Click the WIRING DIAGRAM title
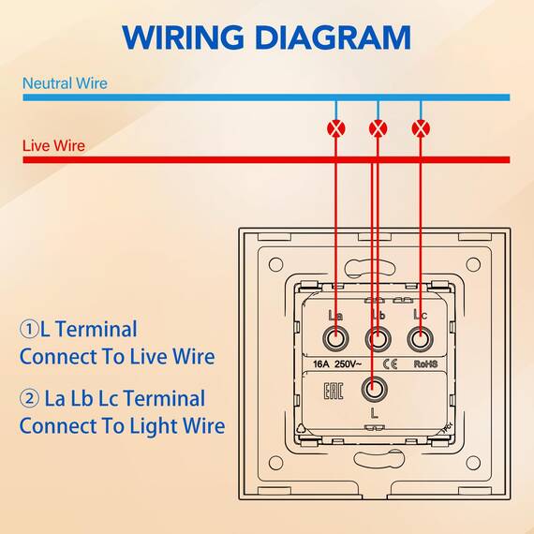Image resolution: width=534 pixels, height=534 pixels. click(266, 37)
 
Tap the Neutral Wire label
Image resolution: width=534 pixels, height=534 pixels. click(65, 83)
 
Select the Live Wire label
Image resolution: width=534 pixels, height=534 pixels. click(53, 146)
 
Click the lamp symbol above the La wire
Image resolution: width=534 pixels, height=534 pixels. click(335, 128)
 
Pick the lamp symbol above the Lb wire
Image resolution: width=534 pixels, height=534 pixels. click(378, 128)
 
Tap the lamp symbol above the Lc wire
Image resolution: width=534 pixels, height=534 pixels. click(421, 128)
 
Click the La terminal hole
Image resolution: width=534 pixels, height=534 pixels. click(335, 339)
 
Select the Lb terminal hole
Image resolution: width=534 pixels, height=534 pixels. click(378, 339)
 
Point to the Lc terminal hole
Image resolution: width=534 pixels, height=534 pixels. click(421, 339)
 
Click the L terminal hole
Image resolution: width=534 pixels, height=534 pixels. click(374, 389)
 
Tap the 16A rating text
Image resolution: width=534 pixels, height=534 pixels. click(320, 364)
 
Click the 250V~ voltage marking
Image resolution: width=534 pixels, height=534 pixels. click(348, 364)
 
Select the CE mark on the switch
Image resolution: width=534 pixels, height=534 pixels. click(391, 364)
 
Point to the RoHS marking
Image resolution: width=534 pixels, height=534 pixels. click(425, 364)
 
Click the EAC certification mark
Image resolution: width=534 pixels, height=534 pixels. click(333, 392)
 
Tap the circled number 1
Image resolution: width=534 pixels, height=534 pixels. click(29, 329)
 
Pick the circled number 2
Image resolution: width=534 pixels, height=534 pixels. click(29, 398)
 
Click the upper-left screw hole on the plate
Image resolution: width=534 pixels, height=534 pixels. click(275, 264)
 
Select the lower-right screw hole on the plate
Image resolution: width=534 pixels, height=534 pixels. click(473, 463)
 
